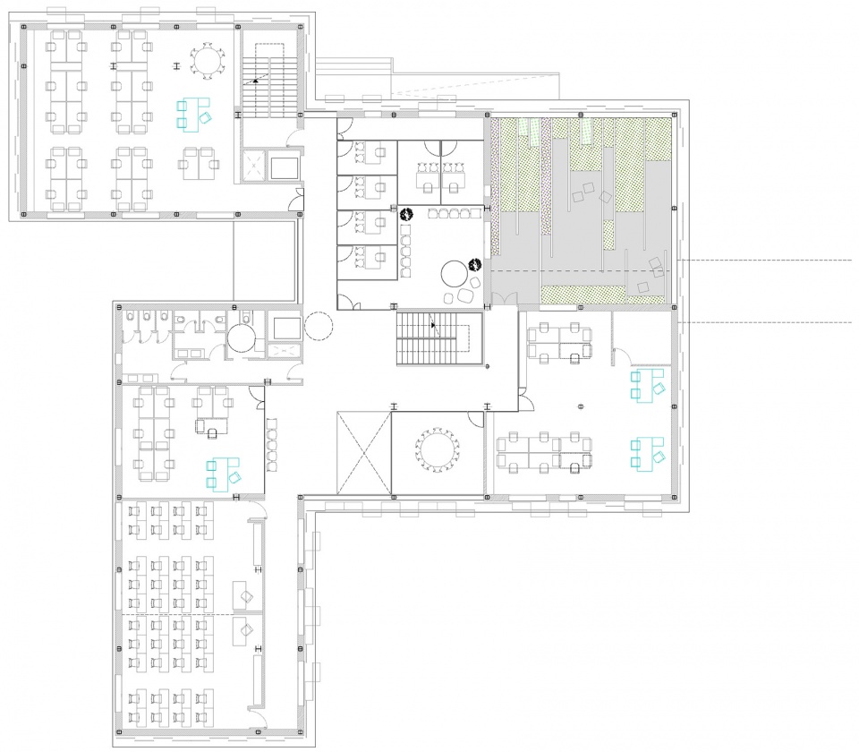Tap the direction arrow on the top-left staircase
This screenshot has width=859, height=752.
point(256,81)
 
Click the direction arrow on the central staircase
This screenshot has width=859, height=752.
point(435,326)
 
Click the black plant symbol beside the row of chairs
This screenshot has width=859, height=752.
point(405,214)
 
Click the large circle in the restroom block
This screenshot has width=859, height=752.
point(242,338)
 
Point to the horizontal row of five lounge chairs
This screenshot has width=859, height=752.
point(455,213)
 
